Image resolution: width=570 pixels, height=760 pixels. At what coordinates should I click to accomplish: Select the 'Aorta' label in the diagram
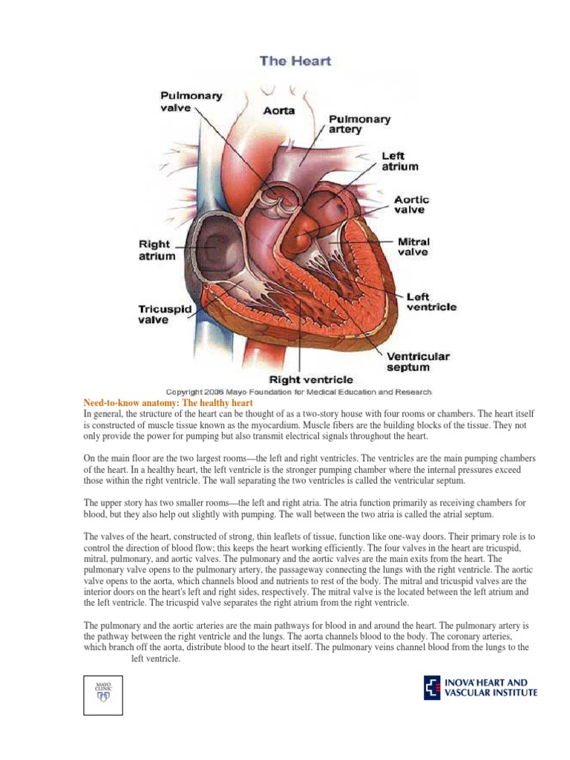[x=279, y=111]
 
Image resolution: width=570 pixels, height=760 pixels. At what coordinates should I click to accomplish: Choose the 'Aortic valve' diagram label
[x=411, y=205]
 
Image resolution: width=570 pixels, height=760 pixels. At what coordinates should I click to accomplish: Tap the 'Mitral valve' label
[x=413, y=246]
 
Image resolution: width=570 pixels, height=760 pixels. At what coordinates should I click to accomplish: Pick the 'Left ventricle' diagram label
[x=431, y=301]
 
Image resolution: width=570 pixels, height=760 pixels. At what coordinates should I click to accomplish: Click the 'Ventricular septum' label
[x=418, y=361]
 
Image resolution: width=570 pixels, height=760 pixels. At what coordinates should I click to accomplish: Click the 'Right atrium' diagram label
[x=157, y=250]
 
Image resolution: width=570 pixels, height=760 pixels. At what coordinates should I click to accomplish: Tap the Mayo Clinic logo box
[x=102, y=695]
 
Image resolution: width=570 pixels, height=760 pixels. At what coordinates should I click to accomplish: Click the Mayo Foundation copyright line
[x=298, y=391]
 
